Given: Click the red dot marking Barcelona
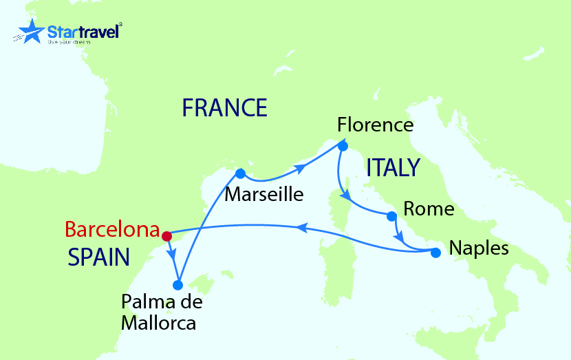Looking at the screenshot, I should [x=166, y=235].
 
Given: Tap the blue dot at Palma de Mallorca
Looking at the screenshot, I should [x=177, y=284].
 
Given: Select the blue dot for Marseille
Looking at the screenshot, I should [x=240, y=173].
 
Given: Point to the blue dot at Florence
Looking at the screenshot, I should [x=343, y=145].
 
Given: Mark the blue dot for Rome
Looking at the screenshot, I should [x=391, y=217].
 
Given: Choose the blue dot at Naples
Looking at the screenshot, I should [x=435, y=253].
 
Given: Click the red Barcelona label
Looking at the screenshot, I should [x=112, y=229].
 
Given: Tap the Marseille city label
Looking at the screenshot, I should [x=263, y=194].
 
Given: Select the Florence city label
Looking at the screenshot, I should [x=375, y=125].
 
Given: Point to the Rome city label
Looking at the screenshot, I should [x=429, y=208].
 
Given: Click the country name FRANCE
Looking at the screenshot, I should [x=224, y=107].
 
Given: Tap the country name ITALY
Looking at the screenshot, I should [x=393, y=167].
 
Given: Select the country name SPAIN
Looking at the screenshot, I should [x=99, y=257].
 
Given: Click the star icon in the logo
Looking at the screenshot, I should [x=31, y=32].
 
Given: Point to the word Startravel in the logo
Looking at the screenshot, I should [x=83, y=30].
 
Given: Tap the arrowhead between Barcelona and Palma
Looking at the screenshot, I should [x=173, y=254].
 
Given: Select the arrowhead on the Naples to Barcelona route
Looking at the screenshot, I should [x=301, y=227].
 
